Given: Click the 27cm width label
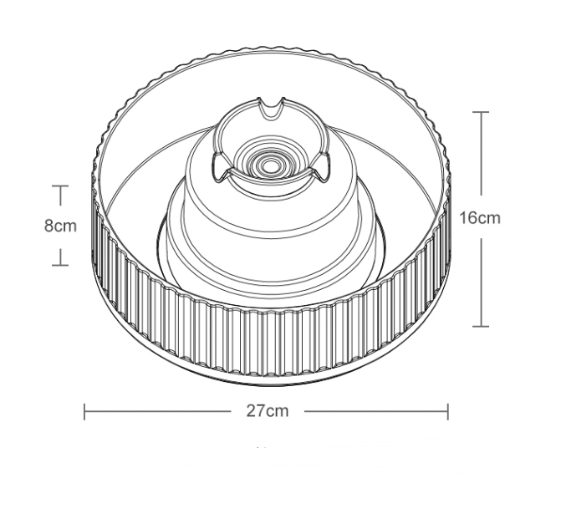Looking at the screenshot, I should pos(267,411).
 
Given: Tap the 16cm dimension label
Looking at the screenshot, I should pos(480,218).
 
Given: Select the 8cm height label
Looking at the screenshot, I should pos(60,226).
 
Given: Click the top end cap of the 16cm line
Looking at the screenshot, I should pos(480,112).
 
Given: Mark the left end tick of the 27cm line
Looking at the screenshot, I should pos(84,411).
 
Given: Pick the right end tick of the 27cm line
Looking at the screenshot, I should pos(448,411).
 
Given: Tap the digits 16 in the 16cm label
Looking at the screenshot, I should pos(469,218).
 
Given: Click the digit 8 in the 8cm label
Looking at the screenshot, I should pos(48,226).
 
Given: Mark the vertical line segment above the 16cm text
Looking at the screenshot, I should pos(480,159).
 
